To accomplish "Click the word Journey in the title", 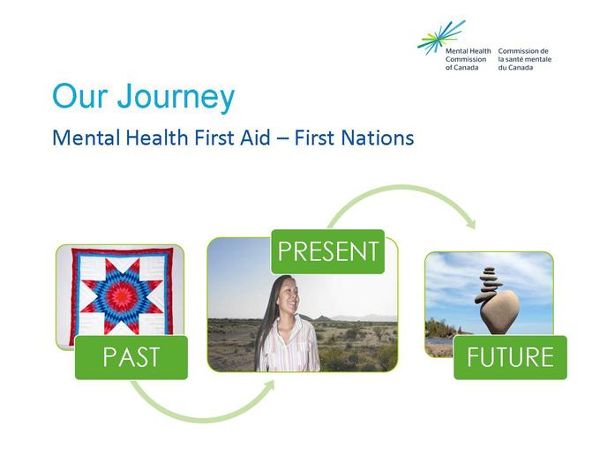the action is coord(176,97).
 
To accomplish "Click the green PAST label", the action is coord(131,357).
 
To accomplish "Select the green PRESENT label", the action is coord(328,251).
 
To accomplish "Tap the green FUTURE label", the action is coord(510,357).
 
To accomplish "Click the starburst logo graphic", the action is coord(441,38).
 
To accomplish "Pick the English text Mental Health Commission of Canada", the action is coord(468,59).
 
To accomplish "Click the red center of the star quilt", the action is coord(122,297).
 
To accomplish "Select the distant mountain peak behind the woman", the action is coord(321,318).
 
